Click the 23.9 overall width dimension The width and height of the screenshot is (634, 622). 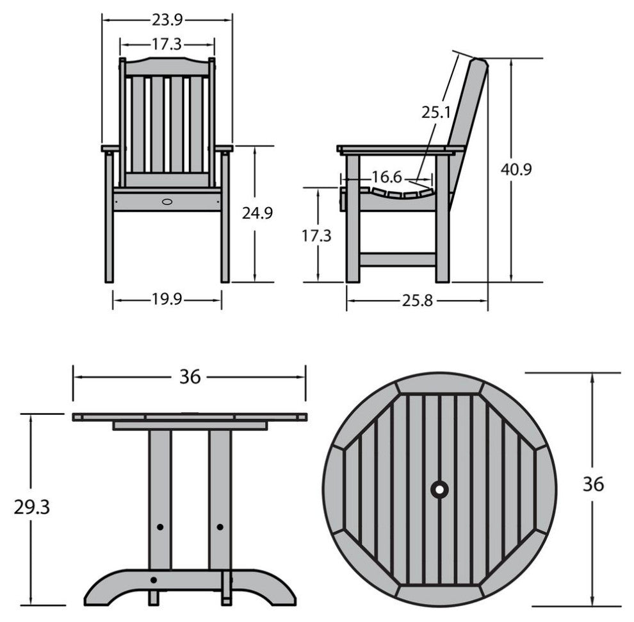(x=167, y=20)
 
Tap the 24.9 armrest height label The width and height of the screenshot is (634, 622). (x=257, y=213)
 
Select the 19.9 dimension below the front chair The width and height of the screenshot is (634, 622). (x=167, y=299)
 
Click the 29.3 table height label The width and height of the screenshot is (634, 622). (x=32, y=507)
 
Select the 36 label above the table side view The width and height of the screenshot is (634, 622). (x=190, y=377)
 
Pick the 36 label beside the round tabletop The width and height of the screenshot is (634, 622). (x=594, y=484)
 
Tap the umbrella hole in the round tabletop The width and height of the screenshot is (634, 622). (x=439, y=490)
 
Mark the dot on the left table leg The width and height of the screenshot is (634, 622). (x=160, y=527)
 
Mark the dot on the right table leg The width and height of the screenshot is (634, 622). (x=220, y=527)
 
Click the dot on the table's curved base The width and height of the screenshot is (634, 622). (x=153, y=580)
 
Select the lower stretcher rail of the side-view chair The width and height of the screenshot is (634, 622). (x=398, y=260)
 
